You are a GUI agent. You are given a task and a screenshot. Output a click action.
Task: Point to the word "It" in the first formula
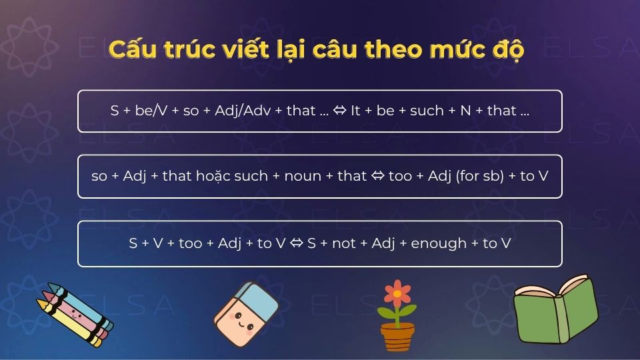pyautogui.click(x=355, y=111)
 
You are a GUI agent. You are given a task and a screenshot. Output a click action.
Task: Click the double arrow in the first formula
pyautogui.click(x=339, y=111)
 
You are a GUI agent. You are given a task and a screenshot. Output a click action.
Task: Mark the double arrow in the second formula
pyautogui.click(x=379, y=177)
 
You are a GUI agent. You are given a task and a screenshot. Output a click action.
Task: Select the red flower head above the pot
pyautogui.click(x=398, y=293)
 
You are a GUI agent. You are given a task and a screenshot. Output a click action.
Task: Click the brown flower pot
pyautogui.click(x=398, y=336)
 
